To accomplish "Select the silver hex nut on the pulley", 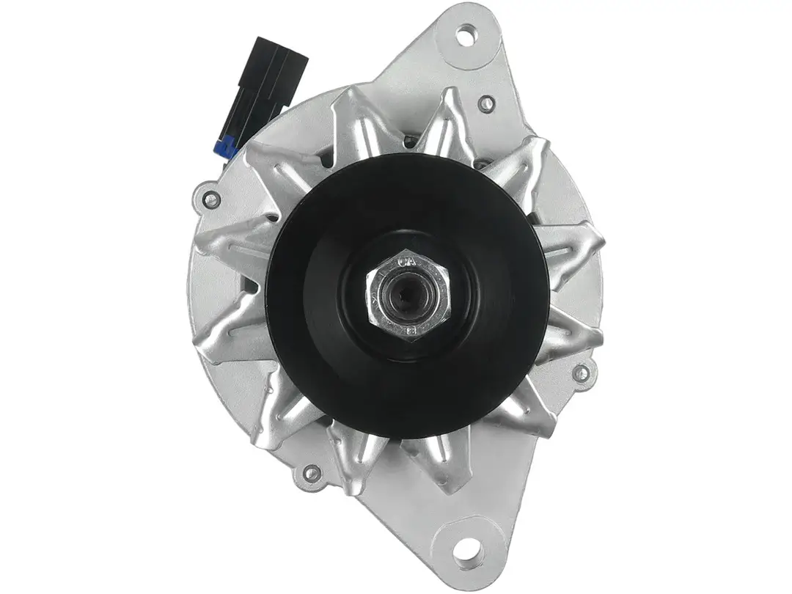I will (408, 297).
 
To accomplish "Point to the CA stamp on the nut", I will (408, 261).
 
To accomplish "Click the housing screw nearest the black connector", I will (211, 197).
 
